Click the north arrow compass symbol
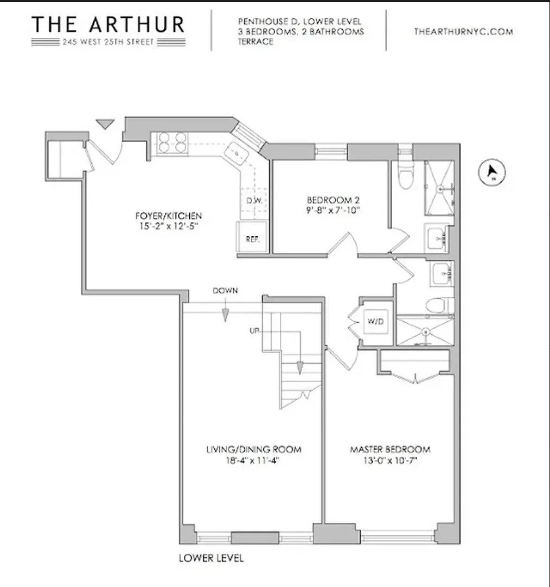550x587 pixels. coord(492,172)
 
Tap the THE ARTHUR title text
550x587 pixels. coord(108,24)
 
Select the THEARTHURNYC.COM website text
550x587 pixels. coord(463,31)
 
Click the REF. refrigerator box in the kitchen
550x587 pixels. coord(252,238)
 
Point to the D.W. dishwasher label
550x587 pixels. coord(254,200)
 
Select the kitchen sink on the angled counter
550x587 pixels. coord(238,153)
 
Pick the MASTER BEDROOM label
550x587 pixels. coord(390,449)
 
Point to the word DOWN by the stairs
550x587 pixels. coord(225,291)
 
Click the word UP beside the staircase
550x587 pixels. coord(254,330)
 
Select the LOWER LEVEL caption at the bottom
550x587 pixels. coord(211,558)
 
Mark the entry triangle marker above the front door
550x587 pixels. coord(106,124)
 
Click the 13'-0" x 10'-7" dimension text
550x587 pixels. coord(390,461)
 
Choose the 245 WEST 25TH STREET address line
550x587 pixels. coord(108,42)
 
